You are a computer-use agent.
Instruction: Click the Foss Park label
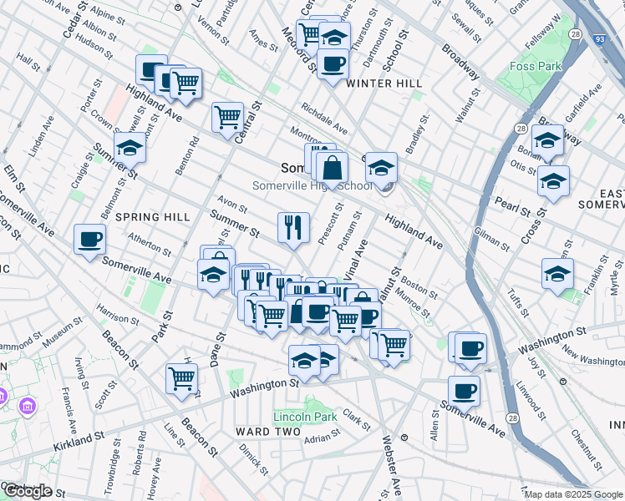coord(530,64)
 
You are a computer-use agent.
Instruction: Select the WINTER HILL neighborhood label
coord(384,83)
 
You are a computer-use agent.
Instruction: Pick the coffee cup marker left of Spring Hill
coord(90,240)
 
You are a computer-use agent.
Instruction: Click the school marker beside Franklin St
coord(557,272)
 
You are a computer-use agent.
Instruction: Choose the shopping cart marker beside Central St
coord(227,117)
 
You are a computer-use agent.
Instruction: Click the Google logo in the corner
coord(27,492)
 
